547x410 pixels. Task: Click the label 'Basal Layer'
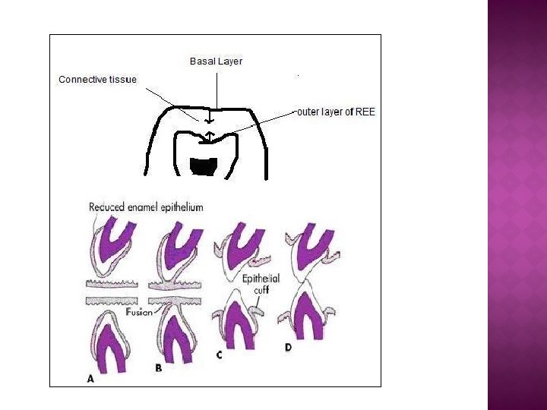tap(216, 61)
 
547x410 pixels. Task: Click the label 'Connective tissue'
tap(97, 79)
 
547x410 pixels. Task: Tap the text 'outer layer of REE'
tap(336, 112)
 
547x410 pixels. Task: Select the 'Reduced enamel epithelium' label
tap(146, 207)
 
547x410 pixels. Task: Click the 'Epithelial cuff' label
tap(261, 283)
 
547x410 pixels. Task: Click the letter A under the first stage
tap(90, 377)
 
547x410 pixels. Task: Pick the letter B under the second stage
tap(158, 368)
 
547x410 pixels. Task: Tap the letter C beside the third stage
tap(219, 354)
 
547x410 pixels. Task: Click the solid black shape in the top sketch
tap(204, 166)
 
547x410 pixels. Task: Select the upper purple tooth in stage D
tap(311, 241)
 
